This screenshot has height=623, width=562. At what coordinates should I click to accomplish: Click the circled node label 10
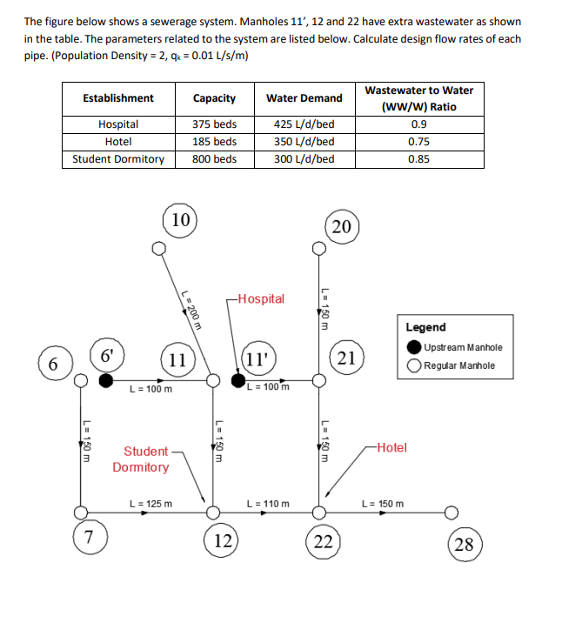tap(180, 219)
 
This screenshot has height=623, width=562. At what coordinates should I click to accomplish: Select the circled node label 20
tap(341, 227)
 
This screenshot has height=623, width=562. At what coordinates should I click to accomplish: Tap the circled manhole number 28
tap(464, 545)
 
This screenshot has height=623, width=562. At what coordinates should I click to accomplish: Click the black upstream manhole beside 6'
tap(105, 380)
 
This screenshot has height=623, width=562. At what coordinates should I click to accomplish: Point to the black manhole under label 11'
tap(239, 380)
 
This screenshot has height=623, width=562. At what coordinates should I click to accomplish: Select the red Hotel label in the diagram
tap(391, 447)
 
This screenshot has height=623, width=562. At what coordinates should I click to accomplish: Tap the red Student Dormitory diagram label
tap(142, 459)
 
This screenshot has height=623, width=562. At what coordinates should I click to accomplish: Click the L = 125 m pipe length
tap(151, 503)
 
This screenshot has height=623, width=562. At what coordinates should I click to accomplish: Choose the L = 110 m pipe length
tap(269, 503)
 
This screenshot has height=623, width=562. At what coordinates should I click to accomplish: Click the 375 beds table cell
tap(214, 124)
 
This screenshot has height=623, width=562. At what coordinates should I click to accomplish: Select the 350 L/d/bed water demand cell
tap(304, 142)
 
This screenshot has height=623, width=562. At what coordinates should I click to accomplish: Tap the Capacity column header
tap(214, 98)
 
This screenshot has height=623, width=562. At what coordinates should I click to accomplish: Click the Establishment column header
tap(117, 98)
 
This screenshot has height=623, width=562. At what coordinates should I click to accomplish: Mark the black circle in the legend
tap(415, 347)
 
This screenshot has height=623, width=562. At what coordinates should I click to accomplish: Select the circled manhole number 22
tap(324, 541)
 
